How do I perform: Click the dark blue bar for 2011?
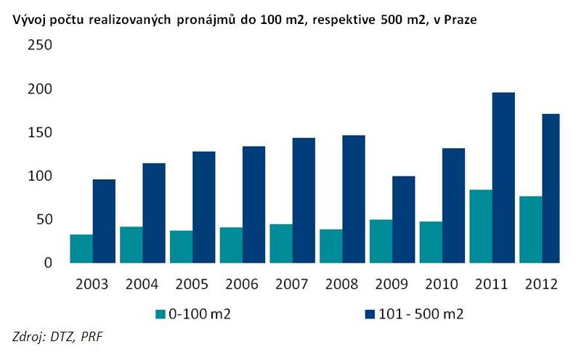coord(503,178)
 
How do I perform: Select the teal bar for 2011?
coord(480,226)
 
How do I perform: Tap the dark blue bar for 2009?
coord(403,218)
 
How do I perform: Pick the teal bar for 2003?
coord(81,248)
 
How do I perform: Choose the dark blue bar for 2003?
coord(104,221)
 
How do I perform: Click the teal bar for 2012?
coord(530,229)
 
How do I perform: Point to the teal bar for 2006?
coord(231,245)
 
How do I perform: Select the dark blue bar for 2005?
coord(204,207)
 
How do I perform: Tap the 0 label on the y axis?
coord(47,263)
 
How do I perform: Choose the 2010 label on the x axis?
coord(442,283)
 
